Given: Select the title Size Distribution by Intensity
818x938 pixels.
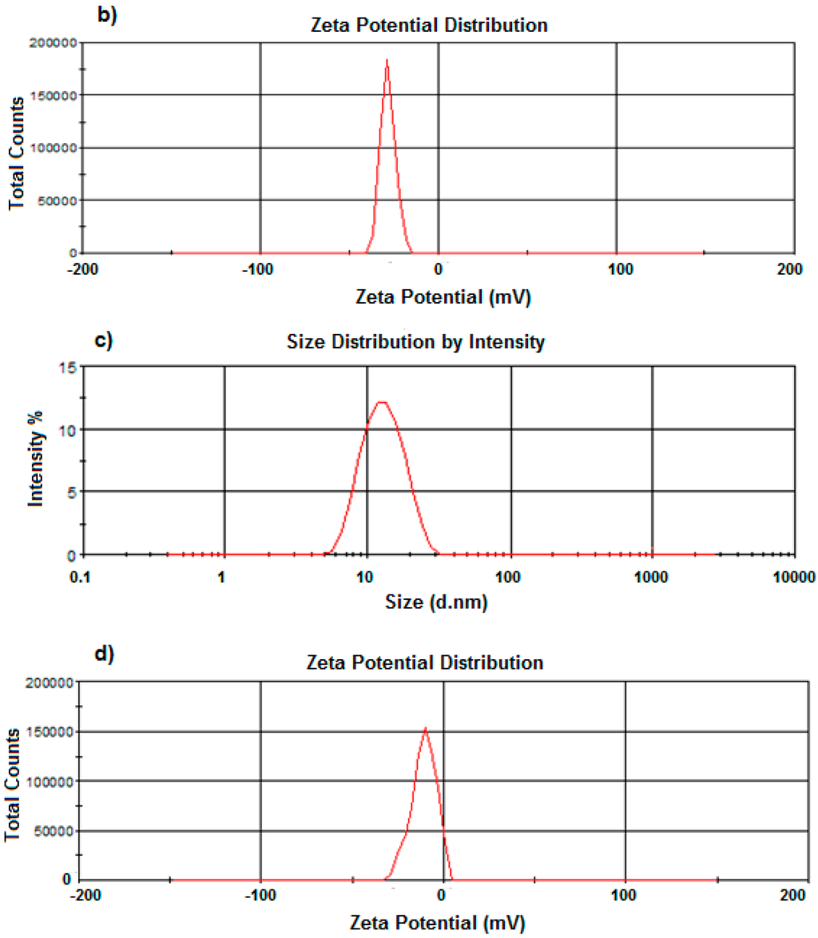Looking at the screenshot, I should pyautogui.click(x=415, y=343).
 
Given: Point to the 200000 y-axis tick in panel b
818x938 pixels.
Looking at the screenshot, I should pyautogui.click(x=50, y=43).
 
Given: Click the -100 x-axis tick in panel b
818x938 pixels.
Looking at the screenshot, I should pyautogui.click(x=260, y=269).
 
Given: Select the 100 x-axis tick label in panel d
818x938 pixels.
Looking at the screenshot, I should pyautogui.click(x=625, y=896).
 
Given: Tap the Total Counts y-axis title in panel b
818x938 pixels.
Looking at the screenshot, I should pyautogui.click(x=16, y=149).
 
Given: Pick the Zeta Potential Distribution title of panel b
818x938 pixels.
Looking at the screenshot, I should pyautogui.click(x=428, y=26).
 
